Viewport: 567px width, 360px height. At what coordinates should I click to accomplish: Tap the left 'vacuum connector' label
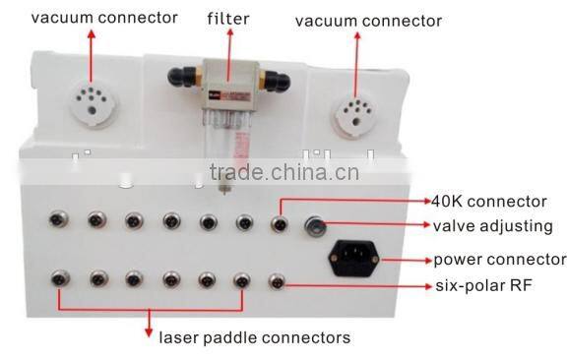(x=91, y=18)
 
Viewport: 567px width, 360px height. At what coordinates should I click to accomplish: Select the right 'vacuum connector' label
(x=368, y=21)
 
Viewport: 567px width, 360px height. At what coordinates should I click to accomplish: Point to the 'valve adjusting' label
(x=492, y=225)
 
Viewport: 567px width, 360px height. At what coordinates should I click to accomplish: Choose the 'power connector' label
(x=500, y=261)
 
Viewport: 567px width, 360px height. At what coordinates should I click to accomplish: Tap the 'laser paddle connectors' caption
(x=255, y=337)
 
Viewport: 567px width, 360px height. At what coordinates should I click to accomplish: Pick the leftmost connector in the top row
(x=58, y=219)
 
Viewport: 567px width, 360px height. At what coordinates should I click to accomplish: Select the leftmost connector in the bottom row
(x=58, y=280)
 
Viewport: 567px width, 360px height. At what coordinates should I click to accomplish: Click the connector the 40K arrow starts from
(x=280, y=223)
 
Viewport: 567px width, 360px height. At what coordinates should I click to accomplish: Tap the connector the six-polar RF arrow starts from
(x=278, y=281)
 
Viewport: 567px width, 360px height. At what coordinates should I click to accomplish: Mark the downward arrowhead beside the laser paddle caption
(x=150, y=327)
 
